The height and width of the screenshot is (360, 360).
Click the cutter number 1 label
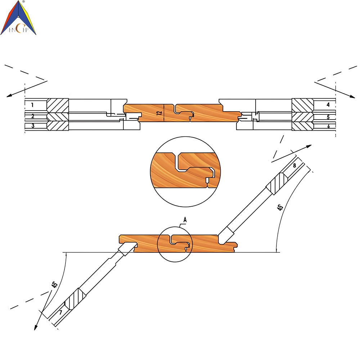coord(32,105)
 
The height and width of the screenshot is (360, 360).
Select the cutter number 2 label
coord(33,116)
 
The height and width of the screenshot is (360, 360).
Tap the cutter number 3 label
coord(33,126)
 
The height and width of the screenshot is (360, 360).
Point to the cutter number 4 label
coord(328,105)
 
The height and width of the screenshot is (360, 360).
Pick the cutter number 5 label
coord(328,117)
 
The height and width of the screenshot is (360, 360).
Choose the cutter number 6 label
coord(329,126)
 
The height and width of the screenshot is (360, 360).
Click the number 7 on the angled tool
coord(60,312)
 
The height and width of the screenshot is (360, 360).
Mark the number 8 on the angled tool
coord(294,165)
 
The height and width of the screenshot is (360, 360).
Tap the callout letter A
coord(185,220)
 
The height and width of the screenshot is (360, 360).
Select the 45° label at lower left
coord(54,284)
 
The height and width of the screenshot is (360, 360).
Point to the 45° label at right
coord(280,207)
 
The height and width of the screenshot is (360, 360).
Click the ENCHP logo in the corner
coord(18,18)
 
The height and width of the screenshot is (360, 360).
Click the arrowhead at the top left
coord(9,96)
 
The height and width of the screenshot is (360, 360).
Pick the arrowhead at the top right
coord(352,96)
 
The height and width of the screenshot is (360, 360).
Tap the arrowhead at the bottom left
coord(36,327)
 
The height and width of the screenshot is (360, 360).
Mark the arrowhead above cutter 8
coord(309,146)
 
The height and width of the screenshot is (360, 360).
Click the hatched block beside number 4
coord(303,105)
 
